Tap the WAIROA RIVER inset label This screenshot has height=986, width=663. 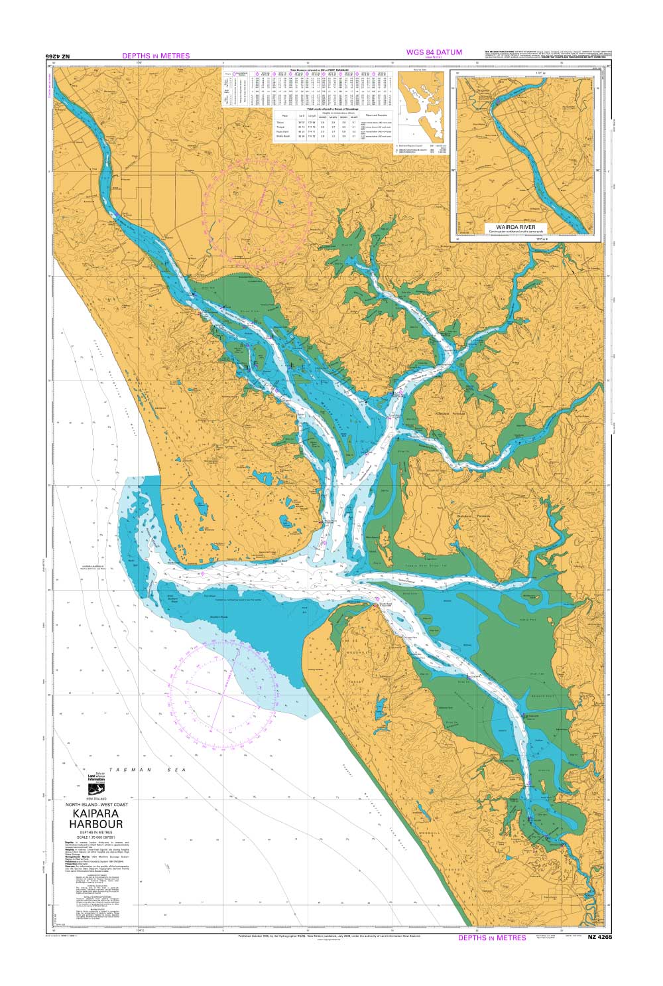tap(525, 226)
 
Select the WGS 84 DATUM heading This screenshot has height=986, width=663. tap(434, 52)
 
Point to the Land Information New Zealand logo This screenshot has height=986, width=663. tap(97, 784)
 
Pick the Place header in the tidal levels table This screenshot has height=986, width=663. tap(285, 115)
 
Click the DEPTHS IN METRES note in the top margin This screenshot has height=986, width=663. tap(156, 56)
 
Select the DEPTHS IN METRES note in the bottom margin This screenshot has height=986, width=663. tap(492, 938)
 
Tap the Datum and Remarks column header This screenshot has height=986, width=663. tap(376, 115)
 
